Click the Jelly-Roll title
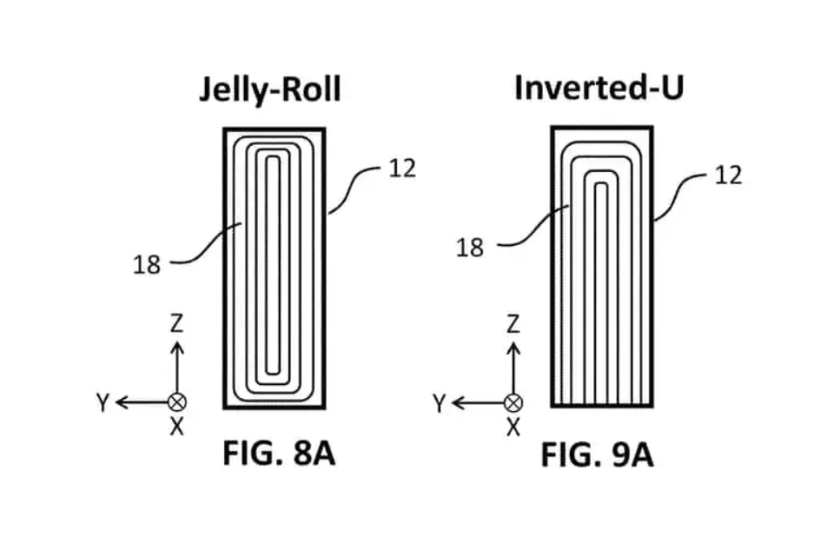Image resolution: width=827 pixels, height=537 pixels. pos(270,90)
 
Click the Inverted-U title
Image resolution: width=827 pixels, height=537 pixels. pos(599,88)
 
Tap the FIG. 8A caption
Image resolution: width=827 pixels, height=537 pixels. pos(278,454)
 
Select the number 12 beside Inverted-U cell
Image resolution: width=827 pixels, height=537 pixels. pos(728,175)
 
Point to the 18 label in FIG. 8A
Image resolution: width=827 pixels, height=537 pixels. pos(147,264)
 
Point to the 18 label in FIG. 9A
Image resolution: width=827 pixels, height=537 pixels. pos(469,248)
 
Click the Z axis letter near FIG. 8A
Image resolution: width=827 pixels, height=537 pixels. pos(176,325)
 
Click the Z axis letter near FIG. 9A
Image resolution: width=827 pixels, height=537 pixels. pos(513,325)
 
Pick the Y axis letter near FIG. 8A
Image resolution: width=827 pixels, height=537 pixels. pos(103,402)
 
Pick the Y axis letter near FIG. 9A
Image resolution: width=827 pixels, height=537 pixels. pos(439,403)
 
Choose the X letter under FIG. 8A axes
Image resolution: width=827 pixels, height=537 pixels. pos(176,427)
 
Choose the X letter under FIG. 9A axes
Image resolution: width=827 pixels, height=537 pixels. pos(513,427)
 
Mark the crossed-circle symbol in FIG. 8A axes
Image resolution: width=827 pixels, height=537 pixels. pos(176,402)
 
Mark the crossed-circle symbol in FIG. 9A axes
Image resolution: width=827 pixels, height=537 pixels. pos(513,402)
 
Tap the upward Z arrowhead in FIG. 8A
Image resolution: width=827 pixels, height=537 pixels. pos(176,346)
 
